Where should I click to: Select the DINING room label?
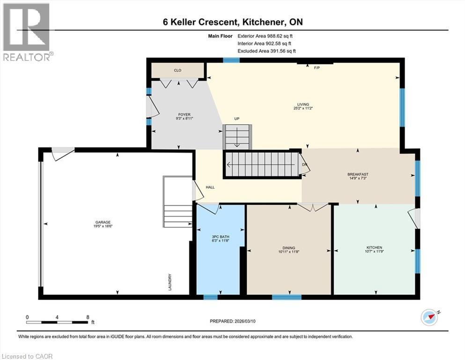point(288,248)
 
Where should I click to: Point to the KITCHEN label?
point(374,247)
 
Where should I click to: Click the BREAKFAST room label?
point(358,174)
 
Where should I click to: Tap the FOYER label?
point(184,115)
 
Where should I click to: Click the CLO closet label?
point(177,70)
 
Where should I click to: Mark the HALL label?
point(210,187)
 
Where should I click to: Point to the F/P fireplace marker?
point(316,67)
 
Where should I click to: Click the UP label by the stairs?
point(237,119)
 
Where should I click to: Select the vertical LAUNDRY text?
point(170,283)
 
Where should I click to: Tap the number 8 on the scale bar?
point(88,317)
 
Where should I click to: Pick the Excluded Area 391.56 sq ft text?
point(266,51)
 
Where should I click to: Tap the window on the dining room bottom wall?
point(287,297)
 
